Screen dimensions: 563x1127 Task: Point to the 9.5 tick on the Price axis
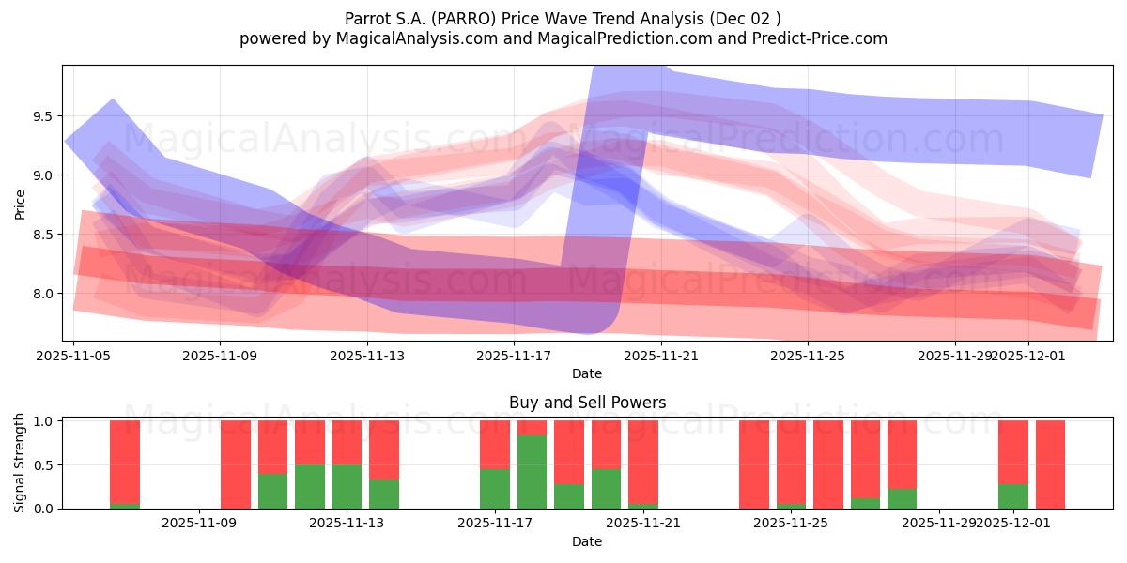pos(42,116)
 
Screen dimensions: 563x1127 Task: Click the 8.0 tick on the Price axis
pos(42,294)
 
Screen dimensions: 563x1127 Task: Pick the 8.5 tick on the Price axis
pos(42,235)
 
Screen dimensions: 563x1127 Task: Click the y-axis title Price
pos(21,204)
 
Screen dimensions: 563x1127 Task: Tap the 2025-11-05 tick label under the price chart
pos(73,356)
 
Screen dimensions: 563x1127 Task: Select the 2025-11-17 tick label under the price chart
pos(514,356)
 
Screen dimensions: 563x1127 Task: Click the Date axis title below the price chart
pos(587,373)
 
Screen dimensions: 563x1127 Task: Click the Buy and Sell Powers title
pos(587,403)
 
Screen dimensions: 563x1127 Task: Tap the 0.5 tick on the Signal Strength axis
pos(42,464)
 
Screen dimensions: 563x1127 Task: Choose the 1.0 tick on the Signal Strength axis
pos(42,420)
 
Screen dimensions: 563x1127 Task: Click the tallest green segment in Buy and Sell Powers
pos(532,472)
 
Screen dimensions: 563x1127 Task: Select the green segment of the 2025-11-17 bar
pos(495,488)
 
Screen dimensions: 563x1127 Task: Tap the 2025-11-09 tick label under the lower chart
pos(200,523)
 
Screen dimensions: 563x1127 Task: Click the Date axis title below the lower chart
pos(587,541)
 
